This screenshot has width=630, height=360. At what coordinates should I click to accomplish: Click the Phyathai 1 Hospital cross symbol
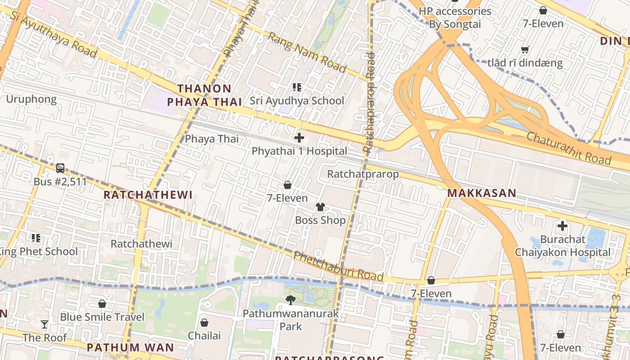click(x=299, y=138)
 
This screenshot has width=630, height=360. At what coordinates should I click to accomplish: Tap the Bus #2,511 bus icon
click(x=60, y=168)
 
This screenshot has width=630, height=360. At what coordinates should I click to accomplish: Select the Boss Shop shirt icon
click(x=320, y=207)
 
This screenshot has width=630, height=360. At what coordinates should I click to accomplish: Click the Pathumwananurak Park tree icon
click(x=291, y=300)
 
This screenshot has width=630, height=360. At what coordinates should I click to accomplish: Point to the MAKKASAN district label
click(x=481, y=193)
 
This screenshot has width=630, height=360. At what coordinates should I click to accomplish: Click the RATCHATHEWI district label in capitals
click(x=148, y=195)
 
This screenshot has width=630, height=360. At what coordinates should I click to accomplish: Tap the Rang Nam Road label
click(x=307, y=52)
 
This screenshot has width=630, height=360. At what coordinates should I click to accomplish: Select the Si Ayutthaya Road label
click(x=53, y=34)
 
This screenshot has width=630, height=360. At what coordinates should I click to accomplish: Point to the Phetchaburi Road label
click(x=338, y=266)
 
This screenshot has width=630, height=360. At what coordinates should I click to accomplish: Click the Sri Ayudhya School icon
click(x=297, y=87)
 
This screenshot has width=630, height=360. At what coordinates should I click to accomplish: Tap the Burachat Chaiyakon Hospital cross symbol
click(x=562, y=226)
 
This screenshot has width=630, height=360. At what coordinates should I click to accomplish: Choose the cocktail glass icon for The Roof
click(x=44, y=324)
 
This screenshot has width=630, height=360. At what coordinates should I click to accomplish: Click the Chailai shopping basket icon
click(x=204, y=323)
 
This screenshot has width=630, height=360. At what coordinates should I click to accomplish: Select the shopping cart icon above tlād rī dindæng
click(x=525, y=49)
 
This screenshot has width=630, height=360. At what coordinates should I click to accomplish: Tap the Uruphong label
click(x=31, y=99)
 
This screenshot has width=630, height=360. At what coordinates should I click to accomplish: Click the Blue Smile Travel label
click(x=102, y=317)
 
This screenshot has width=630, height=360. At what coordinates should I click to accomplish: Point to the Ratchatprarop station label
click(x=363, y=174)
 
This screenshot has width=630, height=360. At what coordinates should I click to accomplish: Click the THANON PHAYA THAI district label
click(x=205, y=95)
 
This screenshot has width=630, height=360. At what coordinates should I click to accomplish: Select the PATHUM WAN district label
click(x=130, y=347)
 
